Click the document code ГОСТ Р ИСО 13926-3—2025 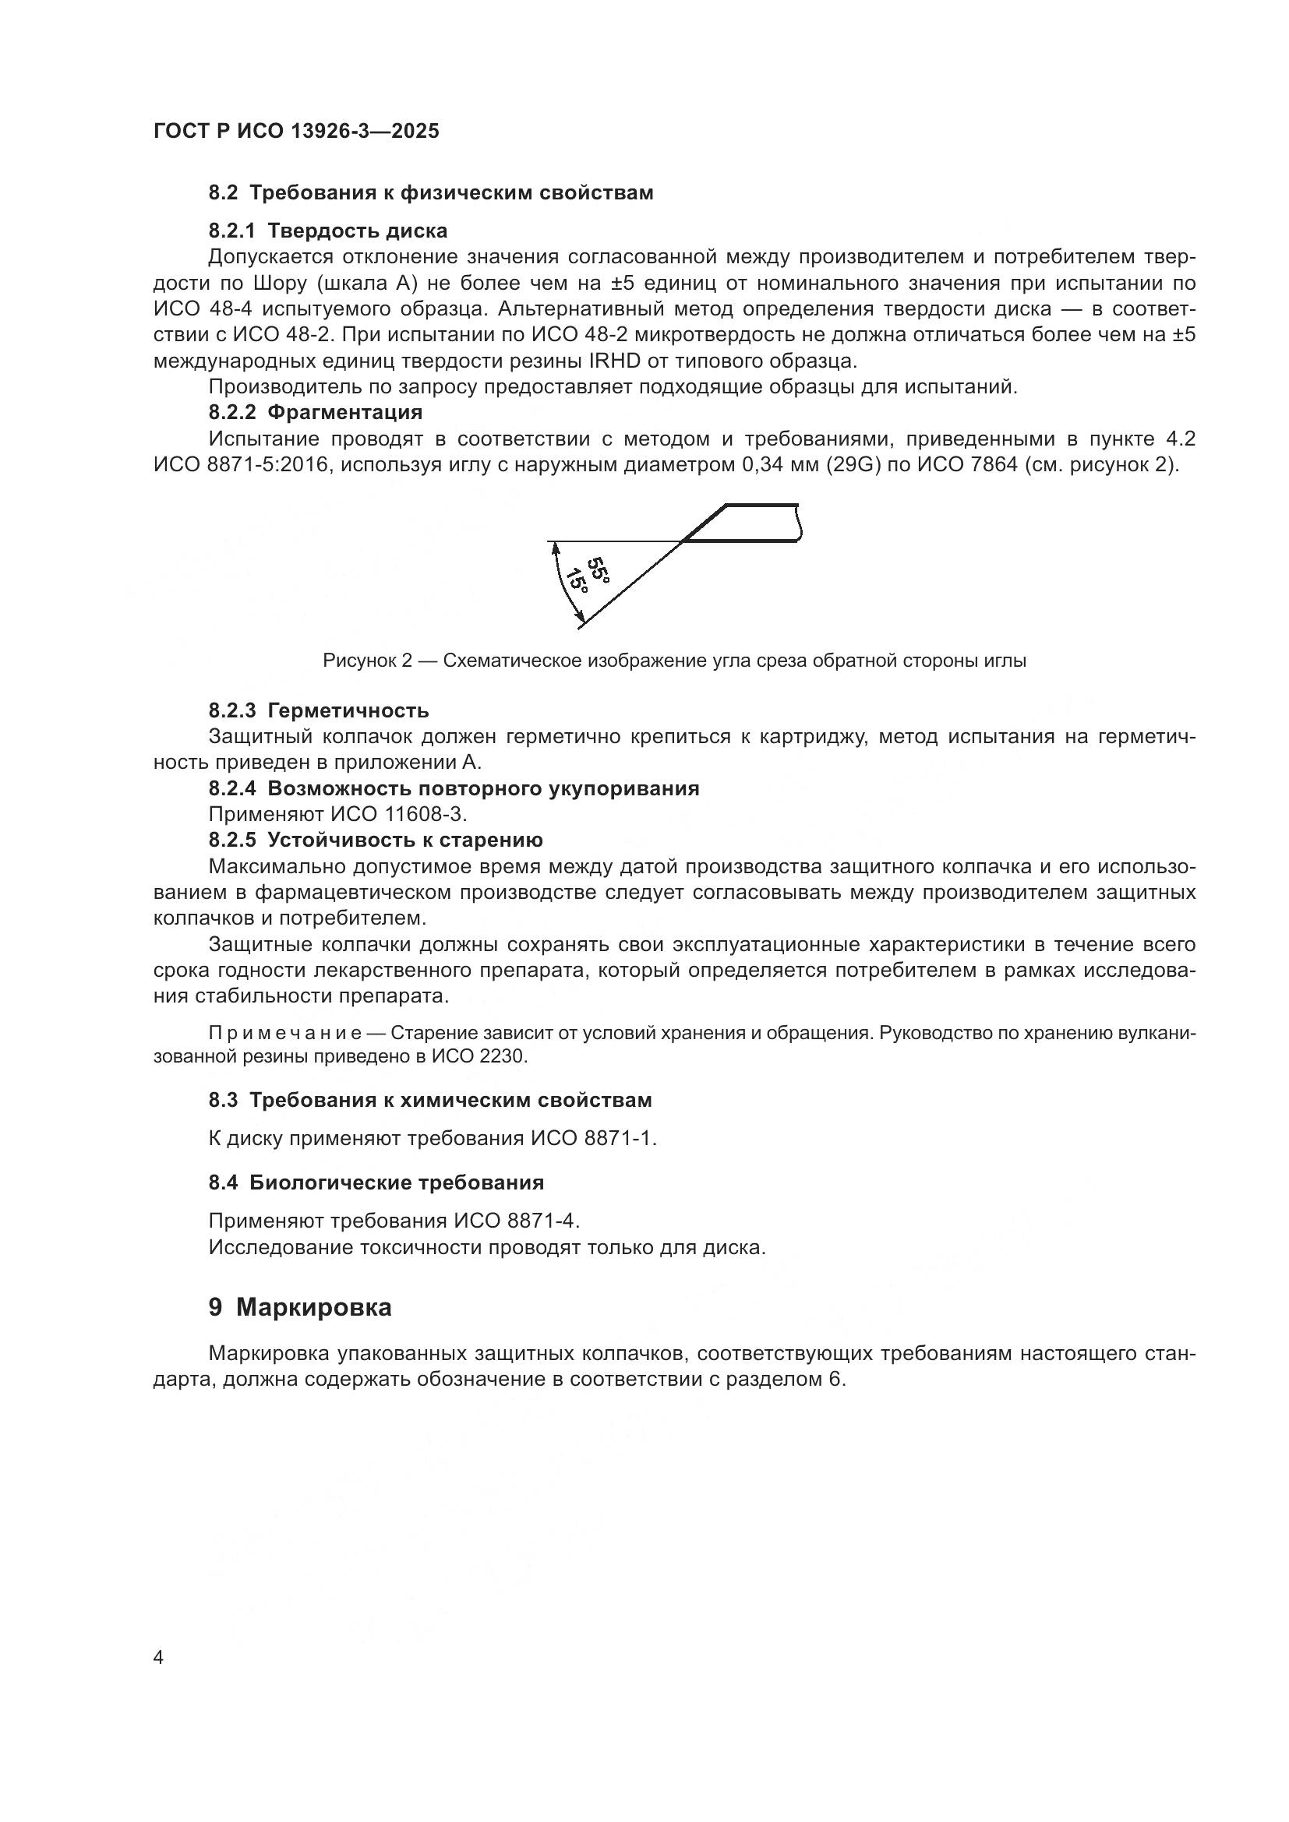[296, 131]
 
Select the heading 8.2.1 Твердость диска [328, 231]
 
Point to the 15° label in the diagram [577, 584]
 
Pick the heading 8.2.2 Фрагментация [315, 413]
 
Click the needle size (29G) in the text [852, 465]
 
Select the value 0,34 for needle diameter [765, 465]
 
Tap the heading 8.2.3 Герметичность [318, 710]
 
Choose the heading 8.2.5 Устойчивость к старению [376, 841]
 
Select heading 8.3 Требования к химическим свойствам [430, 1101]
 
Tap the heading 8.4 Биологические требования [376, 1183]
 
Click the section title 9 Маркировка [300, 1308]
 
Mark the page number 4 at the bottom [158, 1658]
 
